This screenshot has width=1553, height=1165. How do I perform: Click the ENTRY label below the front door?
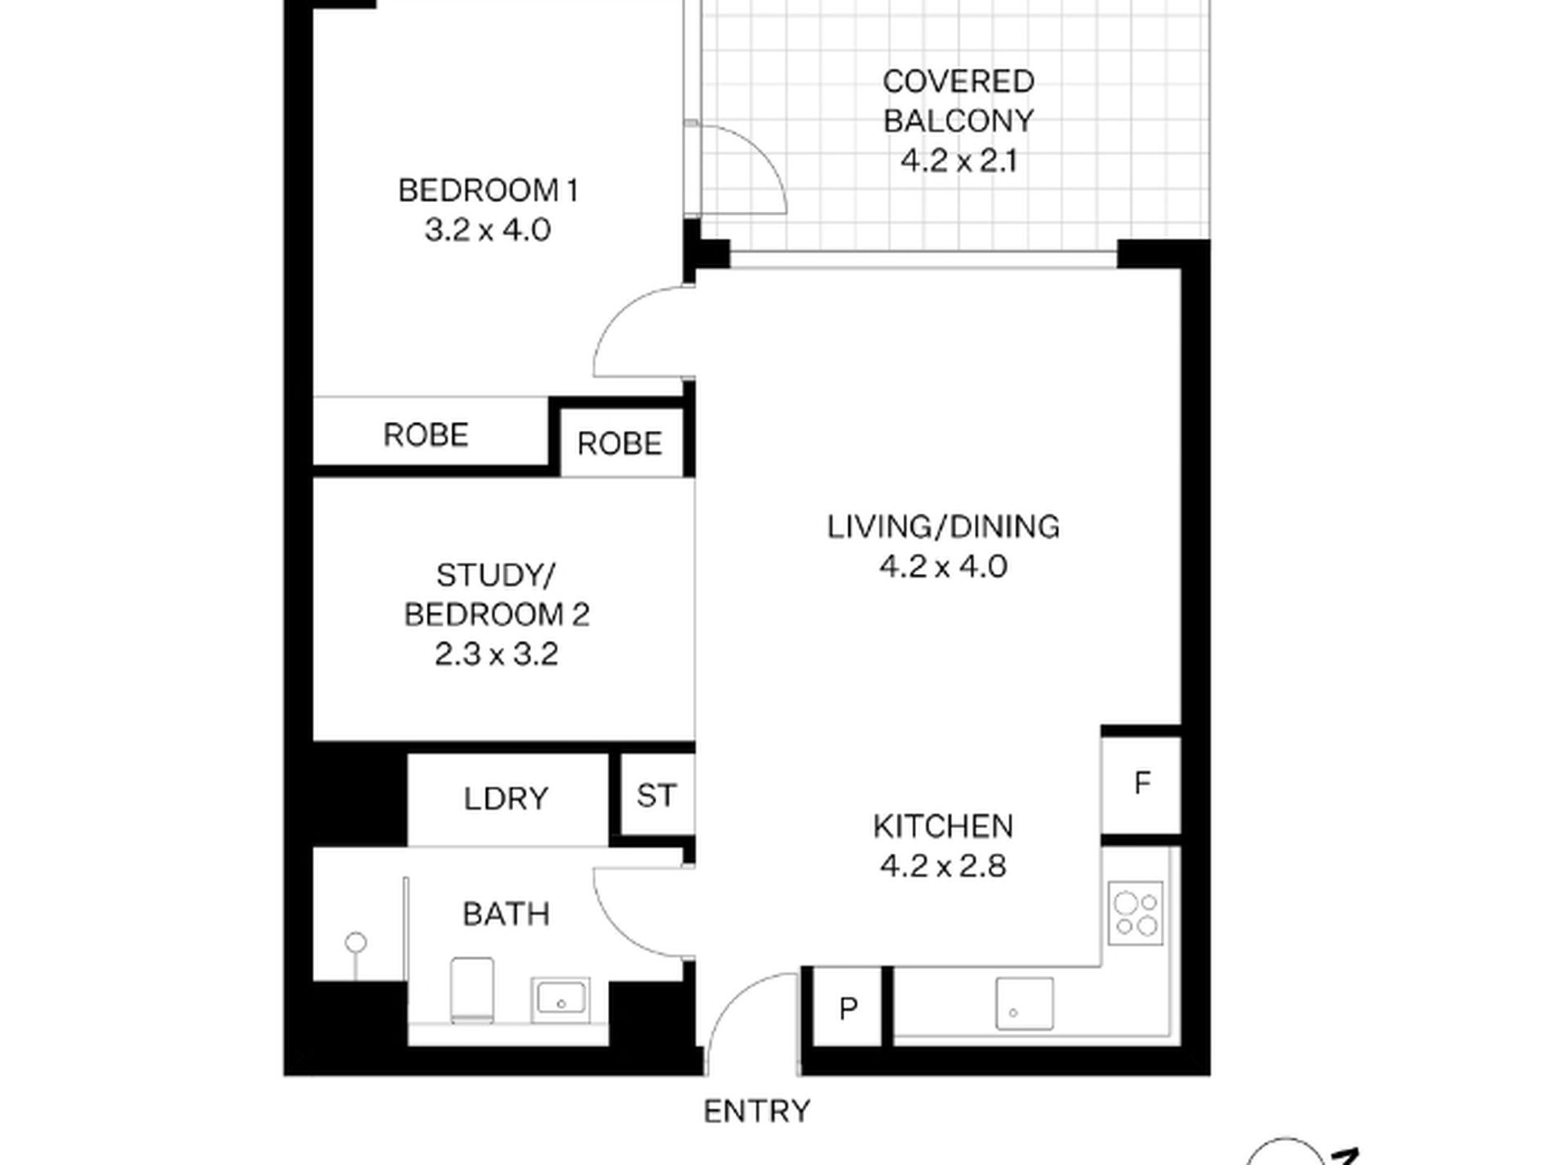[757, 1111]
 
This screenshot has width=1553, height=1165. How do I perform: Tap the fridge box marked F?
[1141, 785]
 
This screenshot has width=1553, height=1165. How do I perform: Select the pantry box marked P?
[848, 1009]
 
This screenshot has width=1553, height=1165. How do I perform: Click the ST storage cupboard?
[656, 795]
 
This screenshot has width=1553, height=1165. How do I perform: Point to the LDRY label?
[506, 799]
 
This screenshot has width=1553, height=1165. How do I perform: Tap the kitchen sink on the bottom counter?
[1024, 1003]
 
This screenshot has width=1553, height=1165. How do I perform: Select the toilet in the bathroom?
[472, 990]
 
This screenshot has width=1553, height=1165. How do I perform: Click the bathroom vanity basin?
[560, 1000]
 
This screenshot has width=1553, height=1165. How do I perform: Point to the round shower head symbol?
[356, 943]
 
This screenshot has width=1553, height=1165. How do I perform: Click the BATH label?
[506, 914]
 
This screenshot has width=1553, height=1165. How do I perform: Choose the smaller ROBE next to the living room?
[620, 444]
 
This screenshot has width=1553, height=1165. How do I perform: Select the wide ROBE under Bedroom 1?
[426, 435]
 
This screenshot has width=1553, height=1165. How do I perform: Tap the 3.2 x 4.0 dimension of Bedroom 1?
[488, 231]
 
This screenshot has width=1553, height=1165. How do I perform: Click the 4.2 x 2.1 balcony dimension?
[959, 161]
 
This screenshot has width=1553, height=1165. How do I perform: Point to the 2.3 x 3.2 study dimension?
[496, 654]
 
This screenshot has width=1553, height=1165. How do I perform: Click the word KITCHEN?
[943, 827]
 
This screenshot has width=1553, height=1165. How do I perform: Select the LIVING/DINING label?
[943, 526]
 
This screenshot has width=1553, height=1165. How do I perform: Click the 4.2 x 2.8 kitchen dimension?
[943, 866]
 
